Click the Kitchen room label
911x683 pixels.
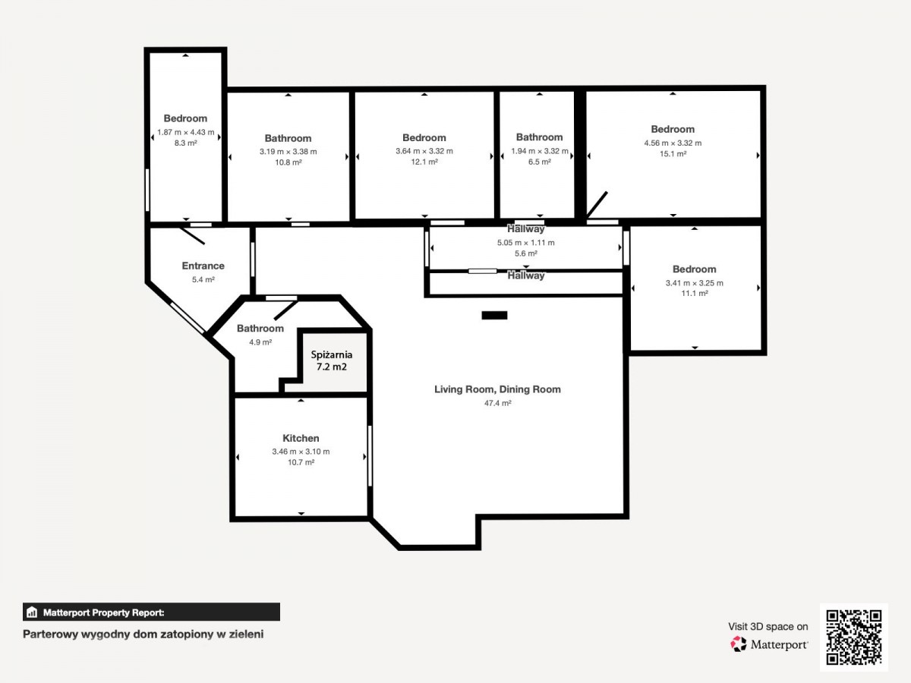tap(301, 439)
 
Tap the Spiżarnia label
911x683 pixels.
tap(332, 355)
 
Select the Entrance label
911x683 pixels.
tap(203, 266)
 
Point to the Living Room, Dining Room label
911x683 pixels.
tap(497, 389)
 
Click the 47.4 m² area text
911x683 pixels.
tap(497, 403)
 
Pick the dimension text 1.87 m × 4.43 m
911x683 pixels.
tap(185, 133)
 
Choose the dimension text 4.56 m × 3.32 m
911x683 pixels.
tap(673, 143)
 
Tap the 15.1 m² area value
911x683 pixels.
tap(673, 154)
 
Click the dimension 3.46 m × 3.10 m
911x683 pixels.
tap(301, 452)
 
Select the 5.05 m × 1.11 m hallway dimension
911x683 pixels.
tap(526, 243)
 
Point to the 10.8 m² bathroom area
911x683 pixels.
tap(288, 162)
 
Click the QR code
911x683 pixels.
tap(854, 637)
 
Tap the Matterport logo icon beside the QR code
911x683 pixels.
tap(739, 644)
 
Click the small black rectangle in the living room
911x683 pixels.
tap(494, 316)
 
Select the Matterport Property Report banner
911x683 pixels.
tap(151, 612)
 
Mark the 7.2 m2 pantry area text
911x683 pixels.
tap(332, 367)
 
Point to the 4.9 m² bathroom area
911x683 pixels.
tap(260, 342)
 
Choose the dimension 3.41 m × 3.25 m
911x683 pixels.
tap(695, 283)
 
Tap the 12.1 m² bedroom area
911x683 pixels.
tap(424, 162)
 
